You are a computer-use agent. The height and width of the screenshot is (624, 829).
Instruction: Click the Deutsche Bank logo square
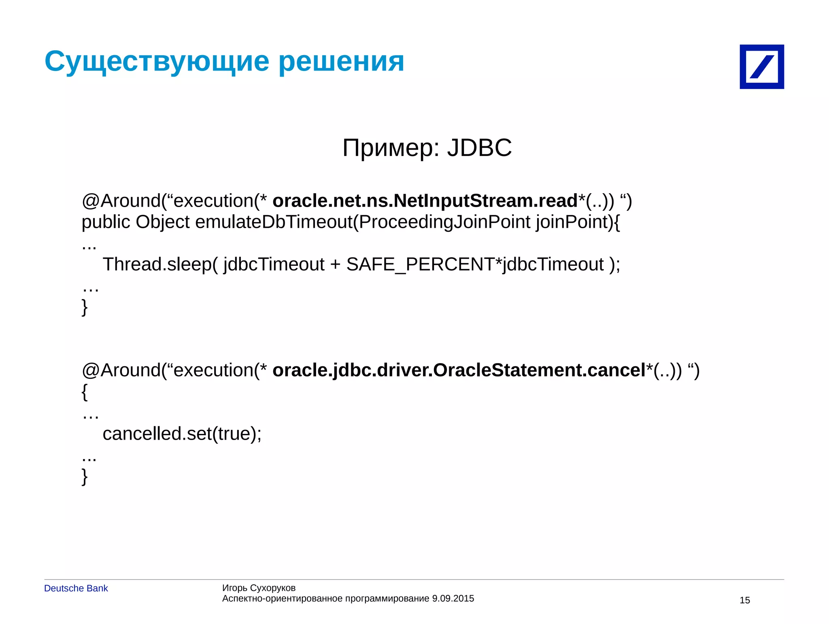click(x=761, y=66)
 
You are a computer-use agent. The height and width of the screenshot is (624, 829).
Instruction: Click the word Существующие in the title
click(x=157, y=62)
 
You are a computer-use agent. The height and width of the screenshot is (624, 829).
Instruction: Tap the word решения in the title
click(x=341, y=62)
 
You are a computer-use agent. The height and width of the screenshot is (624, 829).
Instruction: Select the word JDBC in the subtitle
click(x=479, y=147)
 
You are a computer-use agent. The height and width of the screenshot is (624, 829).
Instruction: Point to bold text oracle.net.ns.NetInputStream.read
click(x=425, y=201)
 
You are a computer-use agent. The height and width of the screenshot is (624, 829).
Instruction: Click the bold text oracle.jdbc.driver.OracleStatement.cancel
click(x=459, y=370)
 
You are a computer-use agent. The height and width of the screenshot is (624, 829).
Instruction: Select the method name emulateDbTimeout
click(x=274, y=222)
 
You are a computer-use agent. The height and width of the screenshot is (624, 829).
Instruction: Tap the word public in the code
click(x=106, y=222)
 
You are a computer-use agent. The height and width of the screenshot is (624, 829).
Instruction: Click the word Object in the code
click(x=162, y=222)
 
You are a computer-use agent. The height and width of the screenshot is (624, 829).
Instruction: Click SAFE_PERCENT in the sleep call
click(x=420, y=264)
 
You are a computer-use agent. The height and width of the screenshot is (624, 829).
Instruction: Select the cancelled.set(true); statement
click(x=182, y=434)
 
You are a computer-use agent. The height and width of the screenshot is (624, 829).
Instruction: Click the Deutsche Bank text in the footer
click(x=76, y=588)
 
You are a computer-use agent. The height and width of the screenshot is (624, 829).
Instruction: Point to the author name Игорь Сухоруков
click(x=259, y=588)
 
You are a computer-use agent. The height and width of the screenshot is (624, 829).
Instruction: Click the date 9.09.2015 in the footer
click(x=453, y=598)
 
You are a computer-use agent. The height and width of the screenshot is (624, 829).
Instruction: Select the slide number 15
click(x=744, y=600)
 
